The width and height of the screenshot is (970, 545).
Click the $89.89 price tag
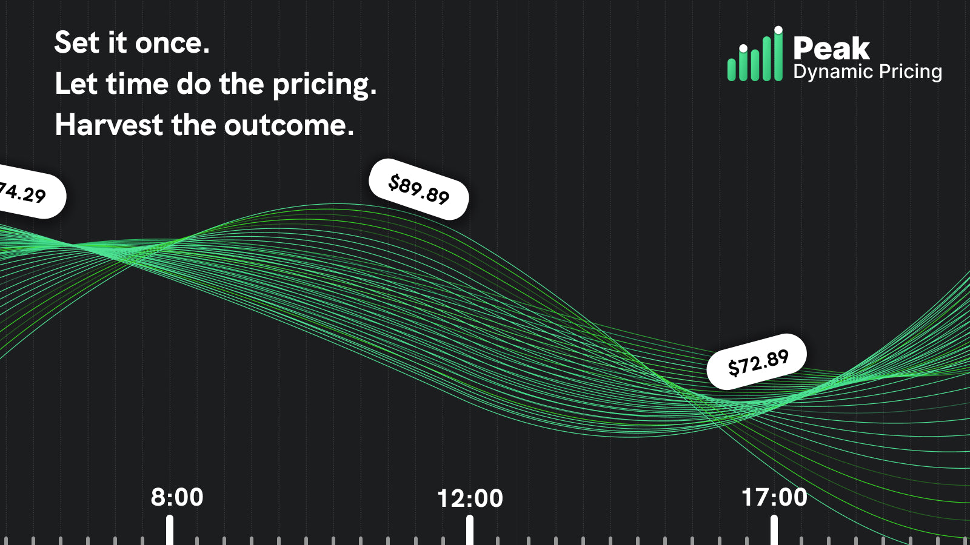click(x=419, y=190)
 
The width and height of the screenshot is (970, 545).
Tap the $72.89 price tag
click(x=757, y=362)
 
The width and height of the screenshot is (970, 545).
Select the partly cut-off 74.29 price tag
click(x=30, y=191)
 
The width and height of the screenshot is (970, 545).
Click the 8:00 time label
click(x=176, y=497)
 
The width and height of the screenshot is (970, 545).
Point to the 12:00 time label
click(x=470, y=498)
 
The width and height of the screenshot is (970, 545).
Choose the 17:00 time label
click(x=774, y=497)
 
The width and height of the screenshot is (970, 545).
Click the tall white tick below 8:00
click(x=170, y=530)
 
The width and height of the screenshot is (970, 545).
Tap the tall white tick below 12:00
click(x=470, y=530)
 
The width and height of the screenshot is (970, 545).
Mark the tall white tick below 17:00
click(x=774, y=530)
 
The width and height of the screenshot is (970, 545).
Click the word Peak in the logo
click(x=831, y=48)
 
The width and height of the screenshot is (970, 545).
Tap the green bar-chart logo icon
click(x=755, y=54)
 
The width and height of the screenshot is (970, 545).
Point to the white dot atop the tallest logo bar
click(x=778, y=30)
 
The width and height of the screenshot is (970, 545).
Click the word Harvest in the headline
click(x=109, y=125)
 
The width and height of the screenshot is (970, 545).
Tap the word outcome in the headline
click(x=289, y=125)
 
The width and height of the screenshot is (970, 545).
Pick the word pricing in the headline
click(x=325, y=85)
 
